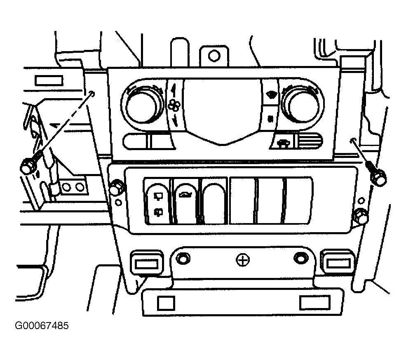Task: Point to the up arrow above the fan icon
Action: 174,89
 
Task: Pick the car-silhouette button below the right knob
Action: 282,142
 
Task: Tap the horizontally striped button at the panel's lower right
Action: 309,141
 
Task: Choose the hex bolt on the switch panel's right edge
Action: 360,216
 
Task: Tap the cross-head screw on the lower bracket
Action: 243,260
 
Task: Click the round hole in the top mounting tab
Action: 214,55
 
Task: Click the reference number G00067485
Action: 42,325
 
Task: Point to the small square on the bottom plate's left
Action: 166,303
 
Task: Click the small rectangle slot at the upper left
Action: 49,81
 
